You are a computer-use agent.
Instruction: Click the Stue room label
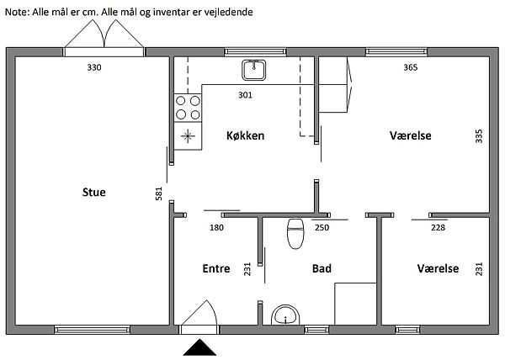93,193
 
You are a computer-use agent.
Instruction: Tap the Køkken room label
247,135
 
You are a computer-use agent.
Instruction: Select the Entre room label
216,269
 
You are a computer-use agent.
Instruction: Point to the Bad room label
322,269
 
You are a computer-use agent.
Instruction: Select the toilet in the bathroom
295,234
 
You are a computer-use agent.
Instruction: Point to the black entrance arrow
200,347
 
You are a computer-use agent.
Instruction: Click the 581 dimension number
157,193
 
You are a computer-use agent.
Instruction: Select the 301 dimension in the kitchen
245,95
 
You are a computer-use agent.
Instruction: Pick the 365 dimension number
411,68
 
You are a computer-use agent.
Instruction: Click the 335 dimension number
479,136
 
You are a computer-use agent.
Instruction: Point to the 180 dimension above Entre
216,227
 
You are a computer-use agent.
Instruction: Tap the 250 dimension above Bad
322,227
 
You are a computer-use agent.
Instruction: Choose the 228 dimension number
438,227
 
